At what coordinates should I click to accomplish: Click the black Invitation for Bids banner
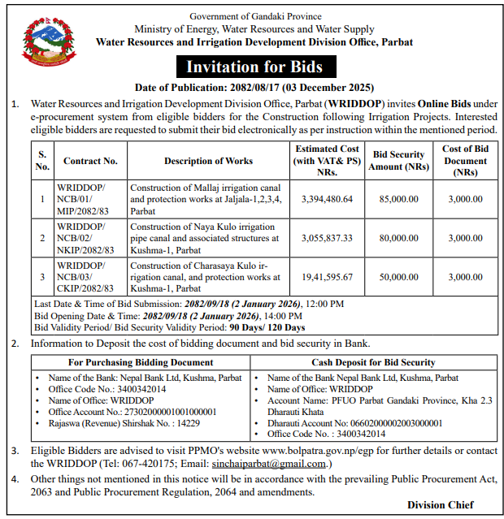click(x=254, y=67)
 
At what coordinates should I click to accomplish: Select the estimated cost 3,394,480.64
click(x=327, y=198)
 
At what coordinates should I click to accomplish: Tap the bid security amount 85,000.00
click(x=398, y=198)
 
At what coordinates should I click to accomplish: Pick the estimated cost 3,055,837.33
click(x=327, y=238)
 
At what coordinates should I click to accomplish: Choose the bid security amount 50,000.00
click(x=398, y=277)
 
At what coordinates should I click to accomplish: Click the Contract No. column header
click(x=90, y=161)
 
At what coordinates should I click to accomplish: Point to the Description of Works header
click(x=208, y=161)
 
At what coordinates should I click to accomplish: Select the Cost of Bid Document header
click(x=465, y=161)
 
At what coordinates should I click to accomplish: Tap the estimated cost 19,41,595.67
click(x=327, y=277)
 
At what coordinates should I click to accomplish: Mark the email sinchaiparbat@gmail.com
click(x=279, y=464)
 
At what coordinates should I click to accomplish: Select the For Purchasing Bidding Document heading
click(x=141, y=362)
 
